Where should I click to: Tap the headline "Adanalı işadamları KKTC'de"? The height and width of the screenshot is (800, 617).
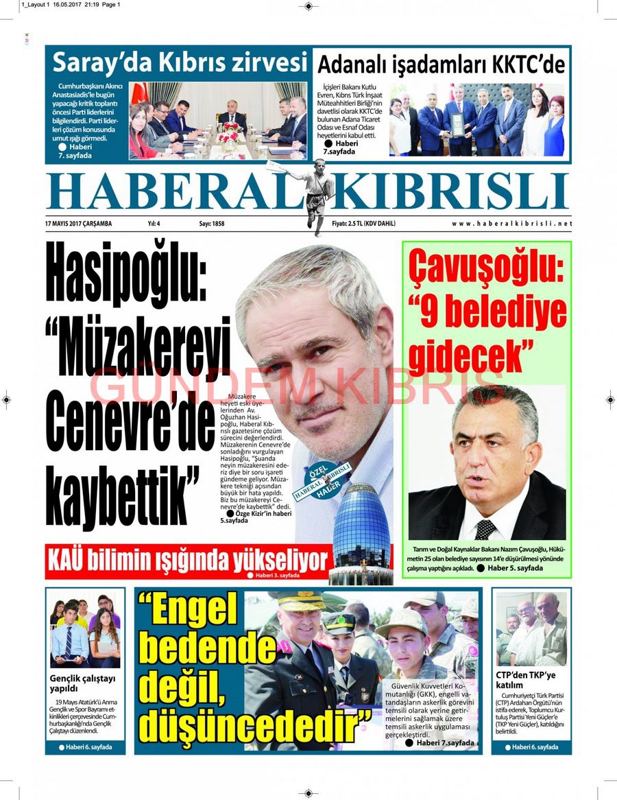pos(441,65)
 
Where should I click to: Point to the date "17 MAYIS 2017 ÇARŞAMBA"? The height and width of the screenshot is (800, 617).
pos(78,224)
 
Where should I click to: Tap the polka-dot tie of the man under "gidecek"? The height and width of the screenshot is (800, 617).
pos(485,529)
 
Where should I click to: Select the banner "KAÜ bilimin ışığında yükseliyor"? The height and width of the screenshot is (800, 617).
pos(188,560)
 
